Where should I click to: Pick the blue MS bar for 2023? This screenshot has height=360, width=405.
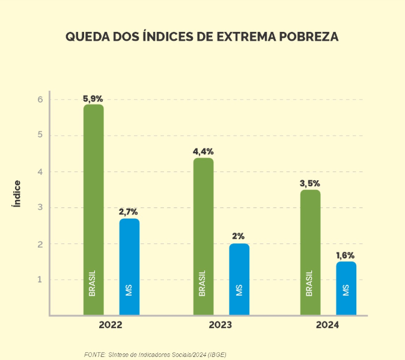(239, 279)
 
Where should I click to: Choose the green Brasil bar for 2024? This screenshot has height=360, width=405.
(310, 252)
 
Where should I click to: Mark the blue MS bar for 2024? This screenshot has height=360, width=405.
(346, 288)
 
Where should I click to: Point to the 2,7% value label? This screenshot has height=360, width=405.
(129, 212)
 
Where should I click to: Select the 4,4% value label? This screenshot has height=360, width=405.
(203, 152)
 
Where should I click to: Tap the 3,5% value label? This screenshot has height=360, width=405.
(310, 183)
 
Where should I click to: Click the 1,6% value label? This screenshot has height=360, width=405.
(346, 255)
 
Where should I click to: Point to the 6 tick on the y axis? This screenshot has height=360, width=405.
(40, 99)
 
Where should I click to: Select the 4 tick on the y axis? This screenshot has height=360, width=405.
(40, 171)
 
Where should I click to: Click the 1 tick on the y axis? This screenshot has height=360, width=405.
(40, 279)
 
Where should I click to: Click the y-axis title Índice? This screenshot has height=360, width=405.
(17, 194)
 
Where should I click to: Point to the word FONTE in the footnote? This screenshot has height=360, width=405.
(94, 354)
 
